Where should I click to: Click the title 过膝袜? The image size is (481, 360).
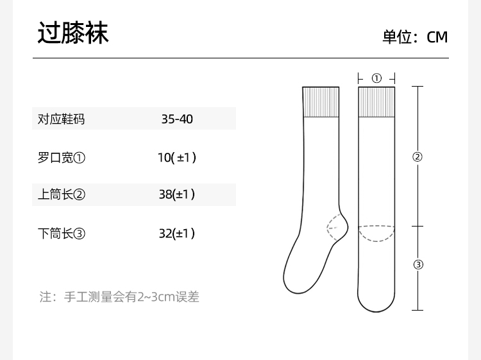[x=72, y=33]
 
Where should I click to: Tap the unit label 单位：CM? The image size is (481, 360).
[x=415, y=37]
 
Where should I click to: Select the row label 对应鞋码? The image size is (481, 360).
[x=62, y=119]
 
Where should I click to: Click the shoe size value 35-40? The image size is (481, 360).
[x=177, y=119]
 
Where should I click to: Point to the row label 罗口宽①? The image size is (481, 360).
[x=62, y=157]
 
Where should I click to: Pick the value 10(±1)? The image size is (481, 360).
[x=177, y=157]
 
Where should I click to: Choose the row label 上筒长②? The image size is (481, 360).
[x=62, y=194]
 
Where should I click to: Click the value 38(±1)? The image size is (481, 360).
[x=177, y=194]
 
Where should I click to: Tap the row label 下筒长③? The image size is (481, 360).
[x=62, y=233]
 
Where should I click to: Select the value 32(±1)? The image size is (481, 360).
[x=177, y=233]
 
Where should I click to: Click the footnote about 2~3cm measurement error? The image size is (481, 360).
[x=120, y=297]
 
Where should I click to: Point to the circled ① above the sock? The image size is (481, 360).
[x=376, y=78]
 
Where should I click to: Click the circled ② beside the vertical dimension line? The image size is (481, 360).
[x=418, y=157]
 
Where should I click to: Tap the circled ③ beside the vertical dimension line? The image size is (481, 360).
[x=418, y=264]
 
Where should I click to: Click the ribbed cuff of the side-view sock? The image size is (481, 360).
[x=320, y=101]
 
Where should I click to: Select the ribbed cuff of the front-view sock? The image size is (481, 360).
[x=376, y=101]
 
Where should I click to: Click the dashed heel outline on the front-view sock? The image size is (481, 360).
[x=376, y=233]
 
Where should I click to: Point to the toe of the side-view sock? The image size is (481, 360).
[x=292, y=282]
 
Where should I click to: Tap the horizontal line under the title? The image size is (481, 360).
[x=240, y=58]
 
